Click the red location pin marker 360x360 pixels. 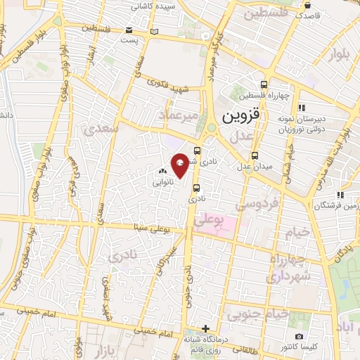tap(180, 166)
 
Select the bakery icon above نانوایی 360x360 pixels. tap(162, 171)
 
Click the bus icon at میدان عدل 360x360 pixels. tap(255, 156)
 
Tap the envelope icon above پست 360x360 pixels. tap(129, 30)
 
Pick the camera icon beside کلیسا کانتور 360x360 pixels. tap(300, 337)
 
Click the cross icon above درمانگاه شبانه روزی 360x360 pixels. tap(205, 328)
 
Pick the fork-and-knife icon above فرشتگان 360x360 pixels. tap(340, 195)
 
